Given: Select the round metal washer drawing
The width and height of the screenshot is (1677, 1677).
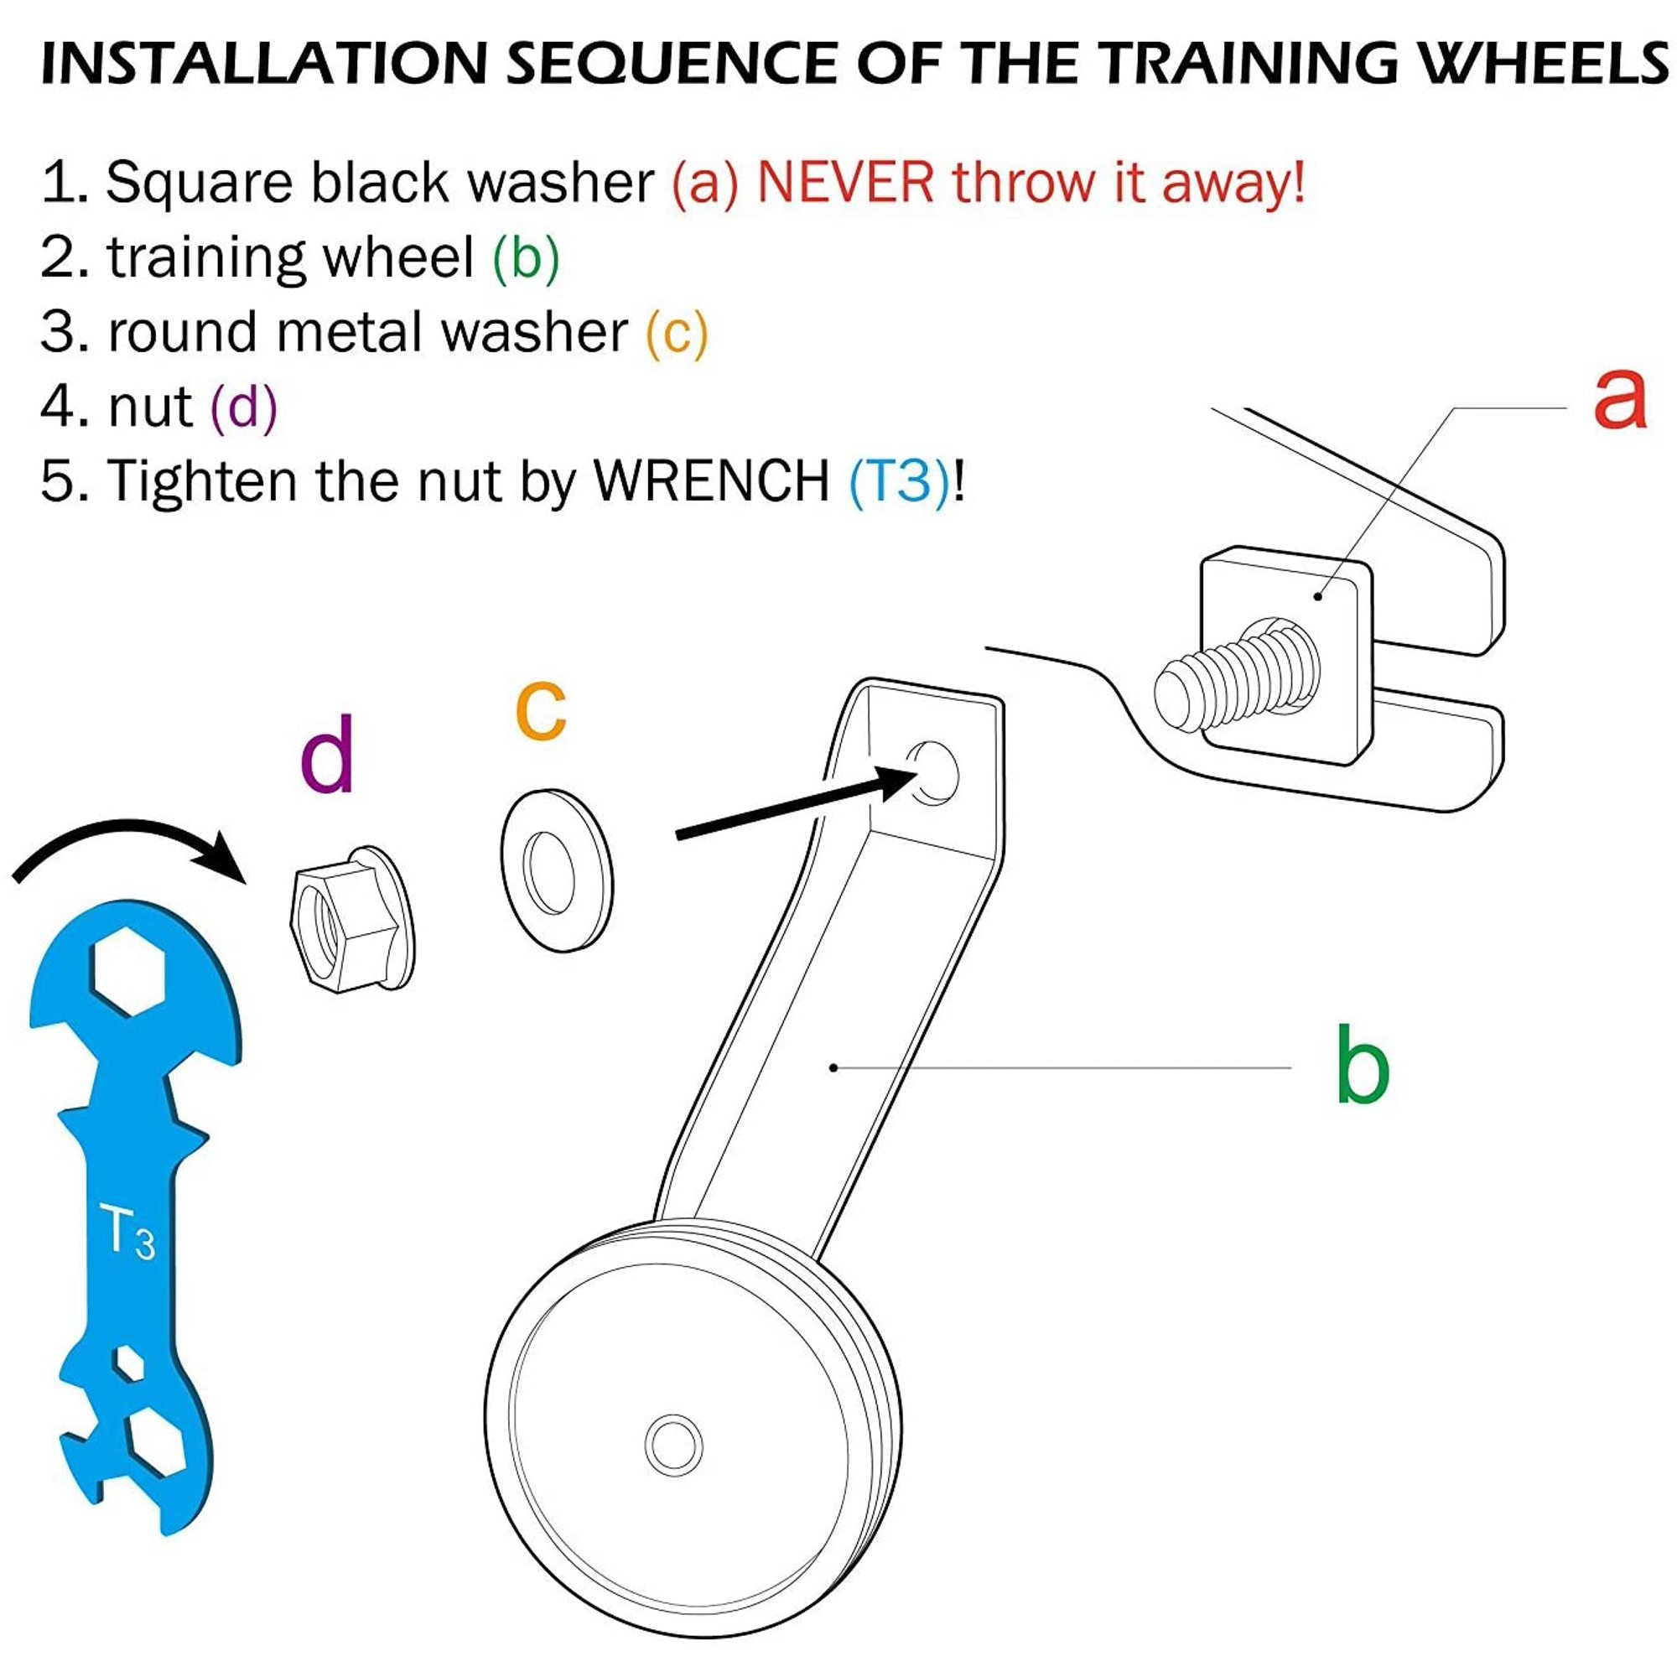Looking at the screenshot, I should tap(557, 870).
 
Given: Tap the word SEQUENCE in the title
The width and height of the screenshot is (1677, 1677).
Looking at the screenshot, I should tap(672, 63).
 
